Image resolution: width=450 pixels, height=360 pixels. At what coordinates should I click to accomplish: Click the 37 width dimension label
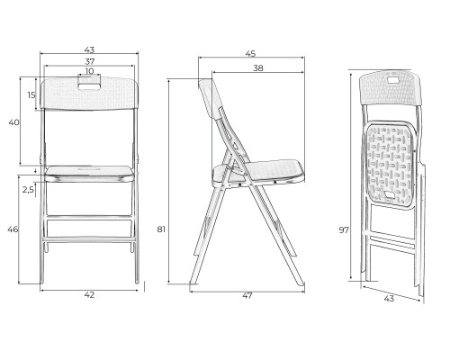(90, 61)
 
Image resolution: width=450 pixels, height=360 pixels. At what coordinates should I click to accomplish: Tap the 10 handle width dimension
(89, 71)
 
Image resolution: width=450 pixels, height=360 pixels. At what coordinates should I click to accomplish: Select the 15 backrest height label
(31, 95)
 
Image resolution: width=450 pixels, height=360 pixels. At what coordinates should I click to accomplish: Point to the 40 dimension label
(14, 122)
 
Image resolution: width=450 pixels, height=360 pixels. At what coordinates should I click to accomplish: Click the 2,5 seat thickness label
(28, 190)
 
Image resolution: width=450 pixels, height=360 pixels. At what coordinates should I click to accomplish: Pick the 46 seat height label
(13, 229)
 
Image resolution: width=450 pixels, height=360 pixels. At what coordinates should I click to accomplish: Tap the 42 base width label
(89, 295)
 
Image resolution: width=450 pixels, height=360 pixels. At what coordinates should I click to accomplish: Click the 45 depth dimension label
(250, 54)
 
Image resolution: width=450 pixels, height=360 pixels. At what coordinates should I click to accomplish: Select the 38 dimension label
(258, 68)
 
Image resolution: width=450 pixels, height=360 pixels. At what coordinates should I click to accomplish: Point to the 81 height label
(161, 229)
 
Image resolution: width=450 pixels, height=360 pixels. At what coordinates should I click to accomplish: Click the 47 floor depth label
(247, 296)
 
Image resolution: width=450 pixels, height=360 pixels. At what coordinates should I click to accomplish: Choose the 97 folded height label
(344, 230)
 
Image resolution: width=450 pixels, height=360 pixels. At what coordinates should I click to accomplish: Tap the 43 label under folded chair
(389, 299)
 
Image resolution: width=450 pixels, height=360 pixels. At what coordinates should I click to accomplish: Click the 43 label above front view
(89, 49)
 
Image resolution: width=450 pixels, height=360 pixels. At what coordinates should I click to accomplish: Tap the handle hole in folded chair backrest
(391, 80)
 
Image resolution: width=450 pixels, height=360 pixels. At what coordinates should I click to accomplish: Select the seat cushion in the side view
(258, 174)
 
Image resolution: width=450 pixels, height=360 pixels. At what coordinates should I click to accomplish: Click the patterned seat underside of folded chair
(390, 165)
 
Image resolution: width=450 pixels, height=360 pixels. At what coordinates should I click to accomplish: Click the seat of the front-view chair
(89, 174)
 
